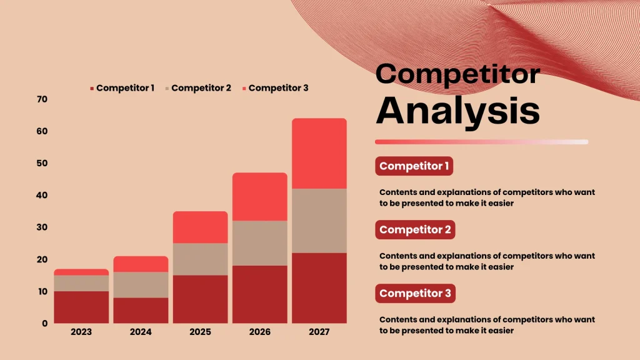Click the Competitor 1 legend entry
[122, 88]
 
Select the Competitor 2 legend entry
[199, 88]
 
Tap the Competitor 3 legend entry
[276, 88]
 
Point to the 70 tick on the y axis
[42, 99]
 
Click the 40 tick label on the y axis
[42, 196]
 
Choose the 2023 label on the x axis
[81, 332]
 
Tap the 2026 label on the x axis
[259, 332]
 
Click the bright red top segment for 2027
[319, 153]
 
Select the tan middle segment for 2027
[319, 221]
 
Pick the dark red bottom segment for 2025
[200, 299]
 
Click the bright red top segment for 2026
[259, 196]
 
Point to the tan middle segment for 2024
[141, 284]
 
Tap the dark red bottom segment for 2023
[81, 307]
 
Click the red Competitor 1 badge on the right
[414, 166]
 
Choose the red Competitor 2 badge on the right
[415, 229]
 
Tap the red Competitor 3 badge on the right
[415, 293]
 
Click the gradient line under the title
[481, 142]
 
